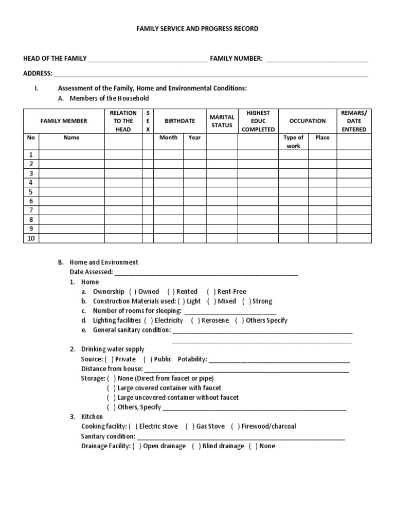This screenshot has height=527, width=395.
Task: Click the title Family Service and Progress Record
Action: pos(197,29)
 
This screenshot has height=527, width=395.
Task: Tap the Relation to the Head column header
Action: pos(123,121)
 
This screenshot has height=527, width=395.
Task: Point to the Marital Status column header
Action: pos(222,121)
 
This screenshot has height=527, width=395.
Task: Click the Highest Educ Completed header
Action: pos(258,121)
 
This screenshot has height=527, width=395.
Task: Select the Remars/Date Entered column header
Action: pos(354,121)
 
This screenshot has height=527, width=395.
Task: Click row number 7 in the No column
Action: pos(31,210)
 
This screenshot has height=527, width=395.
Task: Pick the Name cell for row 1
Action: pos(72,155)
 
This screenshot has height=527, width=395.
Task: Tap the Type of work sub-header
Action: pos(294,142)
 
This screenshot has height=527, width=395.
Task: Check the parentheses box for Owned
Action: pos(133,292)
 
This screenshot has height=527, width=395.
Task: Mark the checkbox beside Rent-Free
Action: pos(211,292)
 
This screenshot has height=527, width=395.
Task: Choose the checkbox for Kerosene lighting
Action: pos(195,321)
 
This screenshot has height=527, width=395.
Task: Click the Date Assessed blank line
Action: pos(206,273)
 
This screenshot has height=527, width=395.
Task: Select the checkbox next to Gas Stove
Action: pos(190,427)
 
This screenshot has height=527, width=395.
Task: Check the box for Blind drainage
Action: pos(196,446)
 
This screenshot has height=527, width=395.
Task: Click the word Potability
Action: pos(192,359)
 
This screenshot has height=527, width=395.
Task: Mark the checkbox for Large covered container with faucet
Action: pos(111,388)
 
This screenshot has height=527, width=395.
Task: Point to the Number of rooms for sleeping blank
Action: pos(230,311)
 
